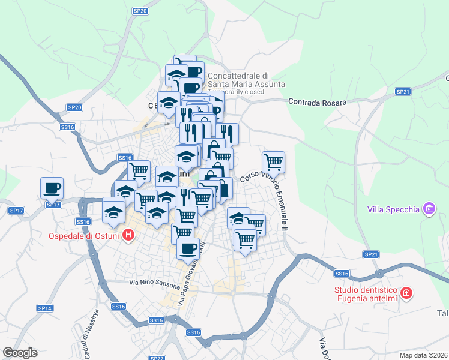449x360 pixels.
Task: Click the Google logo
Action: [20, 353]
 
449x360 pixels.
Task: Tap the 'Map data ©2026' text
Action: [423, 355]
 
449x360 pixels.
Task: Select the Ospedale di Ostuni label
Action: [85, 234]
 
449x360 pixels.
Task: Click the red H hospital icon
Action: [128, 235]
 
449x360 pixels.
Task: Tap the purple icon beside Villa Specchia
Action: [429, 209]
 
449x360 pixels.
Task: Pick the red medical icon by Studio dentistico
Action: [407, 293]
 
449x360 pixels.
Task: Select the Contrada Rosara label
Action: [318, 103]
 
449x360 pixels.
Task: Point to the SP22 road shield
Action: [157, 358]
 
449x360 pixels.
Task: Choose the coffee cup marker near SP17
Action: [52, 187]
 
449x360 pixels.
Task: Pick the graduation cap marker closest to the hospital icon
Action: [113, 211]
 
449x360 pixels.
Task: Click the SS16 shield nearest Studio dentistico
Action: [342, 274]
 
